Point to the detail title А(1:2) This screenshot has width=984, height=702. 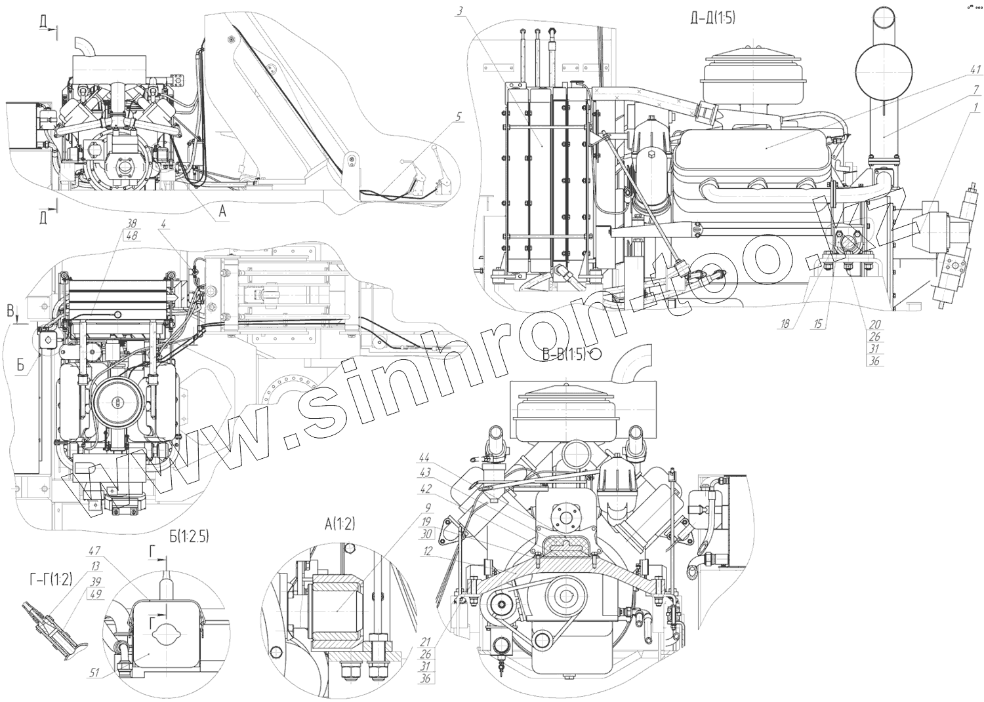pos(339,523)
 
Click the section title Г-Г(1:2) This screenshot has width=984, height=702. pos(51,577)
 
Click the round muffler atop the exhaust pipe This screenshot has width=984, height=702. pos(883,63)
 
